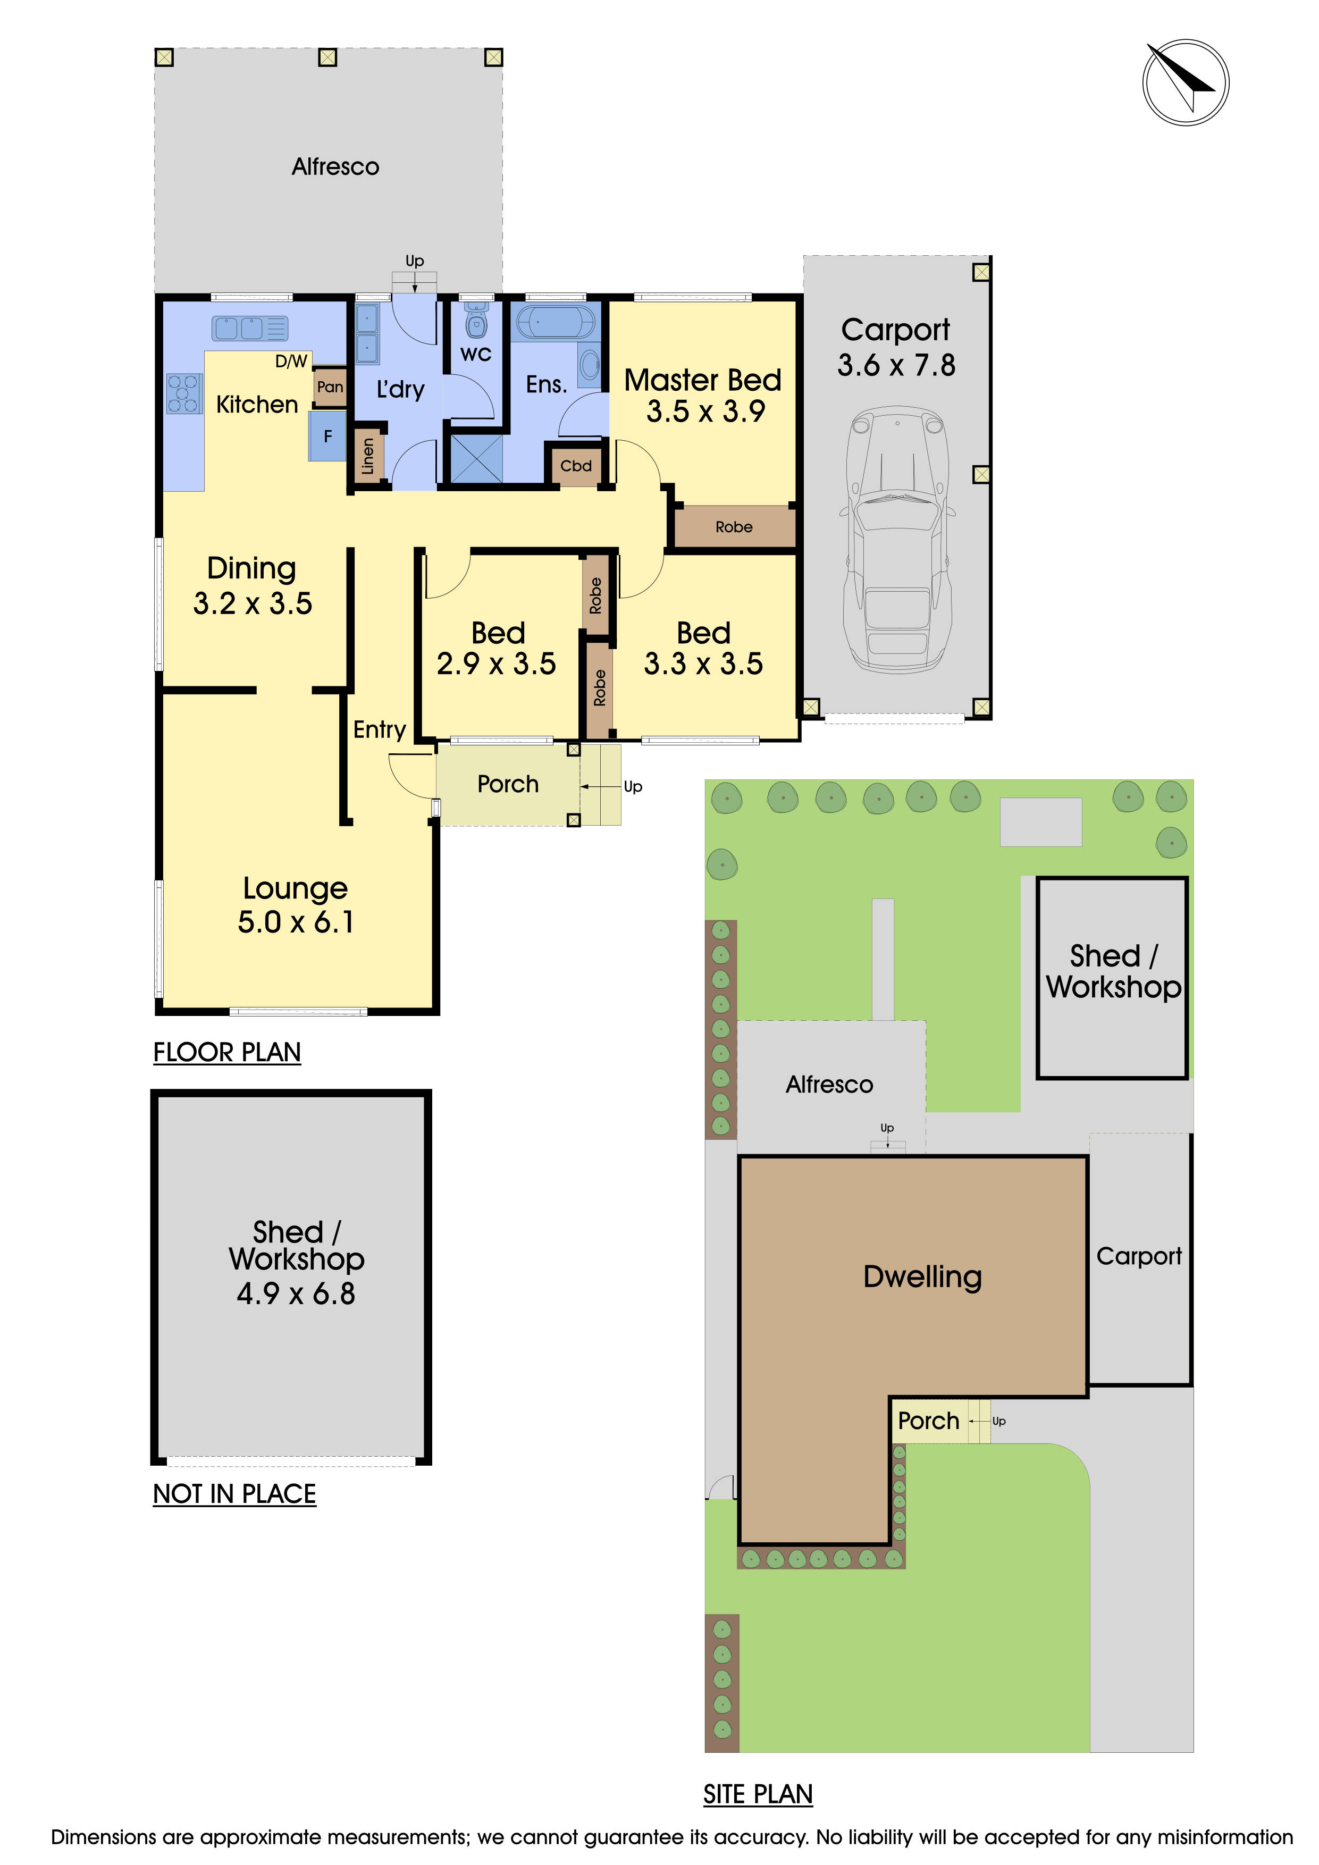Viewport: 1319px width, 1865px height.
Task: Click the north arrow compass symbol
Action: (x=1185, y=82)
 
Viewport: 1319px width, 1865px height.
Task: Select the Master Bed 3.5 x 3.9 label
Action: (x=703, y=396)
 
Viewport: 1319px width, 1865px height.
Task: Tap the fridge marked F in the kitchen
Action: (x=327, y=436)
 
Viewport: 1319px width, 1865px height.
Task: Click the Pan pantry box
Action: (x=330, y=387)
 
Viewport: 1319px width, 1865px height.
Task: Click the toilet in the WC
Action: (x=476, y=322)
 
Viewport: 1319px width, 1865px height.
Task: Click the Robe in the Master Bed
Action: (x=734, y=526)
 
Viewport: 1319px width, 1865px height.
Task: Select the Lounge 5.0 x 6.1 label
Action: (x=296, y=905)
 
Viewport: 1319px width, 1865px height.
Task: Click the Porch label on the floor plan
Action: (x=508, y=784)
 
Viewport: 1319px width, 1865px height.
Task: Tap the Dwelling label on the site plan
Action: (x=922, y=1276)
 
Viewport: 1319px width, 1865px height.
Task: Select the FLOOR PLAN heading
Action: (x=228, y=1052)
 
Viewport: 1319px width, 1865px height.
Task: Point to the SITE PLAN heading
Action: (x=758, y=1794)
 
